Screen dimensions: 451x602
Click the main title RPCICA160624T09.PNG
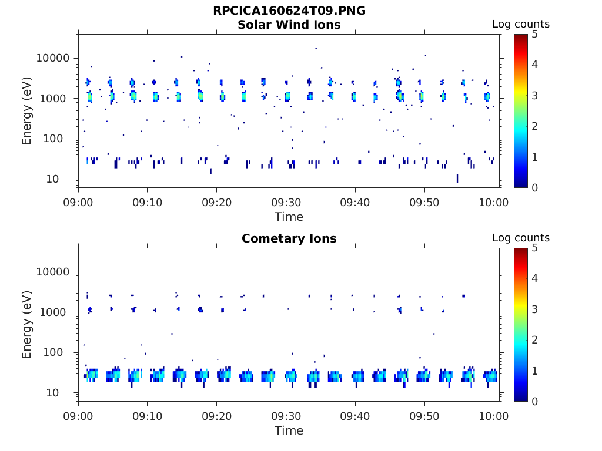pyautogui.click(x=289, y=11)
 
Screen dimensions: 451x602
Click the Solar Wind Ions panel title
pyautogui.click(x=289, y=25)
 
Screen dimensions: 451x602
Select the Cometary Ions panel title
pyautogui.click(x=289, y=238)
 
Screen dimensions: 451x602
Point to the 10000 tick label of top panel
pyautogui.click(x=53, y=58)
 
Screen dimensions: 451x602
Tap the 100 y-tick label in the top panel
pyautogui.click(x=59, y=139)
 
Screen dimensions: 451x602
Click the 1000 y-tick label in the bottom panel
pyautogui.click(x=56, y=312)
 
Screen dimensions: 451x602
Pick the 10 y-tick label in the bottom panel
pyautogui.click(x=62, y=392)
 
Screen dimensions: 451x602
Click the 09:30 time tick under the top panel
pyautogui.click(x=286, y=202)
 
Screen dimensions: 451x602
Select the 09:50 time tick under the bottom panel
pyautogui.click(x=424, y=416)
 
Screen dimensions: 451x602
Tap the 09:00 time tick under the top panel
pyautogui.click(x=78, y=202)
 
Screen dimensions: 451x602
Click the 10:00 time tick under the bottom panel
pyautogui.click(x=494, y=416)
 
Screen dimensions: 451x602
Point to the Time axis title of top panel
pyautogui.click(x=289, y=217)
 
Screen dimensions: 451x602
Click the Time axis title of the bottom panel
pyautogui.click(x=289, y=430)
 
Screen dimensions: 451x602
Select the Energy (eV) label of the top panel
pyautogui.click(x=27, y=110)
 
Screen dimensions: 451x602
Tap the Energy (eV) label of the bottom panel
pyautogui.click(x=27, y=324)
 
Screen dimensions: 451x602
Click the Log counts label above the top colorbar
pyautogui.click(x=520, y=25)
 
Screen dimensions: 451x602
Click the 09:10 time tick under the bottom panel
pyautogui.click(x=148, y=416)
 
